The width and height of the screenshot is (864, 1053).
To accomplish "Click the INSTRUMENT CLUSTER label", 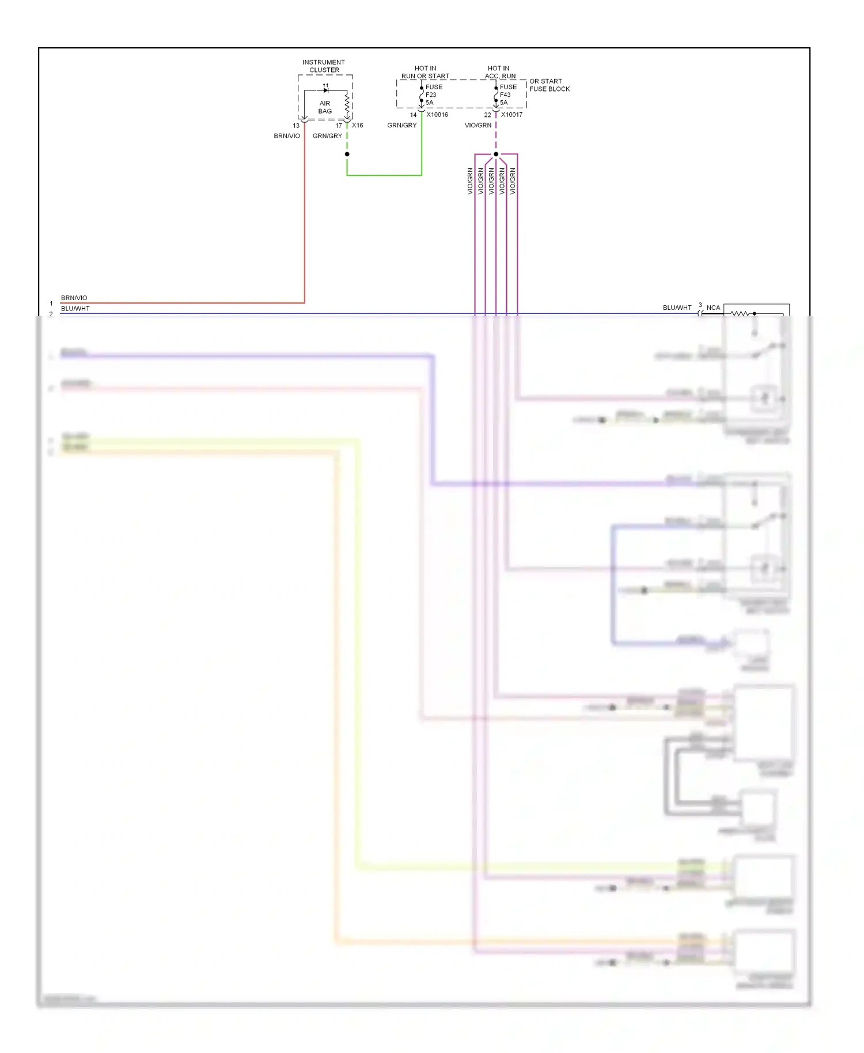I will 324,66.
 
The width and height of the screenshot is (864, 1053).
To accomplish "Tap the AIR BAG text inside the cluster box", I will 325,107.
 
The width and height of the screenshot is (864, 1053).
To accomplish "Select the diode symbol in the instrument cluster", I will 326,90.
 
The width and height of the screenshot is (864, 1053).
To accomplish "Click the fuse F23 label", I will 431,95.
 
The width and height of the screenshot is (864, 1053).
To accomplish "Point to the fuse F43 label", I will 505,95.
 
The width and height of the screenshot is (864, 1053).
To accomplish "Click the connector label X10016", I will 437,115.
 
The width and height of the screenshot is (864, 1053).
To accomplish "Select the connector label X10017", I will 511,115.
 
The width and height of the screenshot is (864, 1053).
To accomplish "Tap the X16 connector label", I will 358,125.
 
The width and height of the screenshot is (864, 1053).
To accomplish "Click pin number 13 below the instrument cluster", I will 296,126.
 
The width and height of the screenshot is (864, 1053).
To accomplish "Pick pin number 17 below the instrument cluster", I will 339,126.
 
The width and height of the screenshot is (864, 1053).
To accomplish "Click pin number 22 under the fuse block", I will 487,115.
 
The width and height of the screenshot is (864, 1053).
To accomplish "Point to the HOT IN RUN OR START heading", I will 425,72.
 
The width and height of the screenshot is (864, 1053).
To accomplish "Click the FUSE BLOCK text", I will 550,89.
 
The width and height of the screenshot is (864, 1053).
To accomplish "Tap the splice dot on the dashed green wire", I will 347,154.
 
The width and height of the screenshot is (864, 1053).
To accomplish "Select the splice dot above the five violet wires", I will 496,154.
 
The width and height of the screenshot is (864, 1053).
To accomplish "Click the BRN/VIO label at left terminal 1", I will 74,298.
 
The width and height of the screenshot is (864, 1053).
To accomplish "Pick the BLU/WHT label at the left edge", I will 75,309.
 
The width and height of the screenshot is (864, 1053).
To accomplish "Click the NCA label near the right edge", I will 713,308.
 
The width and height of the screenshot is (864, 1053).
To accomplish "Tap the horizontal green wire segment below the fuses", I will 384,175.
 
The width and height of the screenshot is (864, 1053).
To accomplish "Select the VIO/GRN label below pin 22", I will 478,125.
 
